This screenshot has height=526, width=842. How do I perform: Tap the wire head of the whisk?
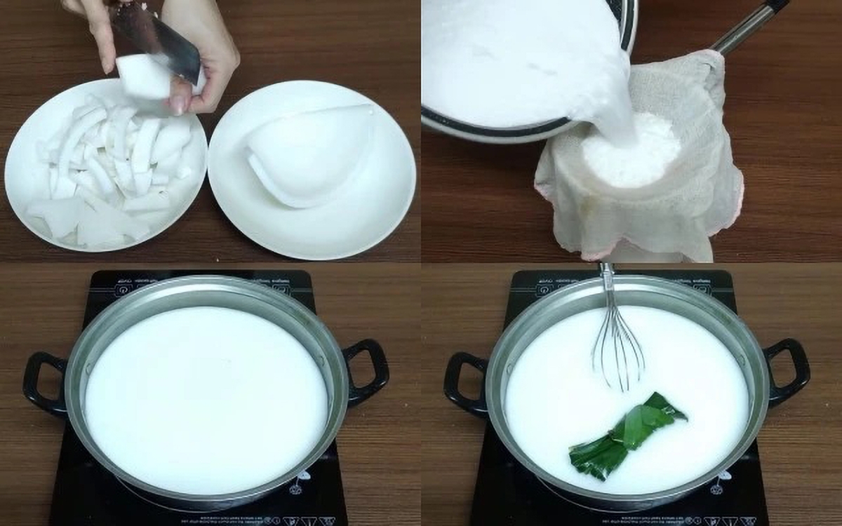point(617,351)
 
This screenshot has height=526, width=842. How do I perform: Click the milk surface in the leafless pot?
point(207,400)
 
